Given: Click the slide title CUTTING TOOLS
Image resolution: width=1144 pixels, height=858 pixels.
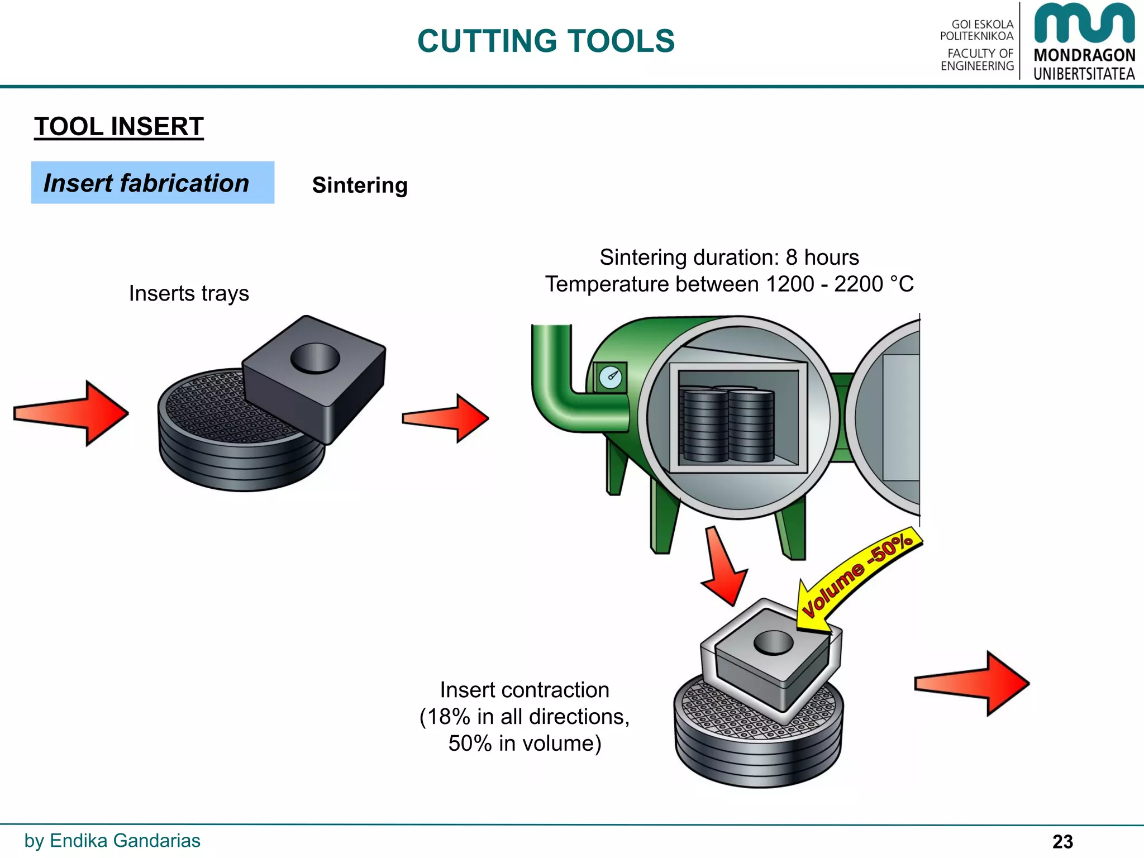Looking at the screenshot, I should click(x=546, y=41).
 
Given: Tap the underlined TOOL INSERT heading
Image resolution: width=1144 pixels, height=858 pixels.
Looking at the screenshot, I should click(x=118, y=126).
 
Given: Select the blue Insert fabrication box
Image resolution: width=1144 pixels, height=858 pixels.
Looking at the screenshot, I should click(x=152, y=183).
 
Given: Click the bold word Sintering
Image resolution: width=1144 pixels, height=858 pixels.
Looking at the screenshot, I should click(x=360, y=185).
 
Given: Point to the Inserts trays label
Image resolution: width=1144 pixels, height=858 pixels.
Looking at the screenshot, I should click(x=189, y=293).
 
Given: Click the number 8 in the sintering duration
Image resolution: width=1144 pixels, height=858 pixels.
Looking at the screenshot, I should click(x=792, y=258).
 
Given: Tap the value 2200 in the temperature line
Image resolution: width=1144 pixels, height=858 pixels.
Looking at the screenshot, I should click(x=858, y=284).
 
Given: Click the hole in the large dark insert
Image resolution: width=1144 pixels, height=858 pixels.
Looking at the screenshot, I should click(x=315, y=358).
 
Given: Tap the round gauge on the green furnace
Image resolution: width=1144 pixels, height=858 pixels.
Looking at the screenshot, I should click(x=610, y=378).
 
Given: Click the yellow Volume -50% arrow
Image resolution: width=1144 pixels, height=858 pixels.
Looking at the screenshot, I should click(x=857, y=575).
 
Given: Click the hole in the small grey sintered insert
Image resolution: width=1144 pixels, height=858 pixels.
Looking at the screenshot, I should click(x=773, y=642).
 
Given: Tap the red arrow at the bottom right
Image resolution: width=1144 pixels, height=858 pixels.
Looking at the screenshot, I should click(x=972, y=683).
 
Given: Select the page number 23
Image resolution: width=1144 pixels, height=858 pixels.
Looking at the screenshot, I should click(x=1062, y=841).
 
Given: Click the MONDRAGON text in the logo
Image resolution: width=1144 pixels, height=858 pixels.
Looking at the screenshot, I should click(x=1084, y=55).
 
